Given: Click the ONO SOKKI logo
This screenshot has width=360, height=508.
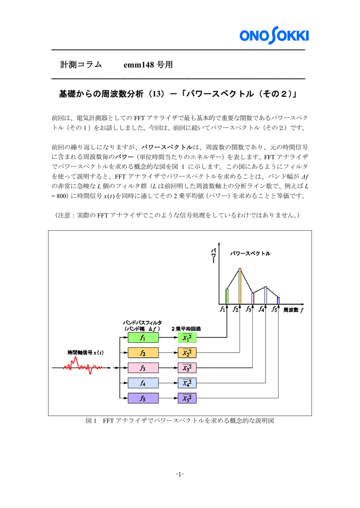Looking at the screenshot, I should pyautogui.click(x=274, y=36).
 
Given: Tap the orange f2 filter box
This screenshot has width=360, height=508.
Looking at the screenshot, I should pyautogui.click(x=143, y=353).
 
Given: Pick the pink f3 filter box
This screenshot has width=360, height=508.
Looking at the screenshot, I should pyautogui.click(x=143, y=368).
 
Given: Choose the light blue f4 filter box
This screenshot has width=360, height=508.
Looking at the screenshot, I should pyautogui.click(x=143, y=383).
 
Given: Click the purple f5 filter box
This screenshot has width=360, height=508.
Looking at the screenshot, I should pyautogui.click(x=143, y=398).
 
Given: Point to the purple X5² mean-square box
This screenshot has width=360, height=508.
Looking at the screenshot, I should pyautogui.click(x=187, y=398).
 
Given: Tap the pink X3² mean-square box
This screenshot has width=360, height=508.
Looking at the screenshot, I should pyautogui.click(x=187, y=368).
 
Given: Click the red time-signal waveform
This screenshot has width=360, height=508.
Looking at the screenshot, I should pyautogui.click(x=82, y=367).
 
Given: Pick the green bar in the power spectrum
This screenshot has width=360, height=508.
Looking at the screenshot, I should pyautogui.click(x=227, y=296).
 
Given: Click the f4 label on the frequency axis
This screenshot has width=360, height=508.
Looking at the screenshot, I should pyautogui.click(x=261, y=310).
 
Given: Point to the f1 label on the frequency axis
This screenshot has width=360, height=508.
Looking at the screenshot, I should pyautogui.click(x=222, y=310).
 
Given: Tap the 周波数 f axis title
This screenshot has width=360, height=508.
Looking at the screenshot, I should pyautogui.click(x=293, y=310).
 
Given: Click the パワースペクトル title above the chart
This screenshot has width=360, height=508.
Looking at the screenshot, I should pyautogui.click(x=250, y=254).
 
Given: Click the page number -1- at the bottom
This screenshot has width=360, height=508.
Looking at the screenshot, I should pyautogui.click(x=180, y=474).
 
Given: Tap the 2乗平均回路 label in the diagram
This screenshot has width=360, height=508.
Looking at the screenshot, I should pyautogui.click(x=186, y=328).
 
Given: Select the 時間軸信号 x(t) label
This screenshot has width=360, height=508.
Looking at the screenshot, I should pyautogui.click(x=85, y=352).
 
